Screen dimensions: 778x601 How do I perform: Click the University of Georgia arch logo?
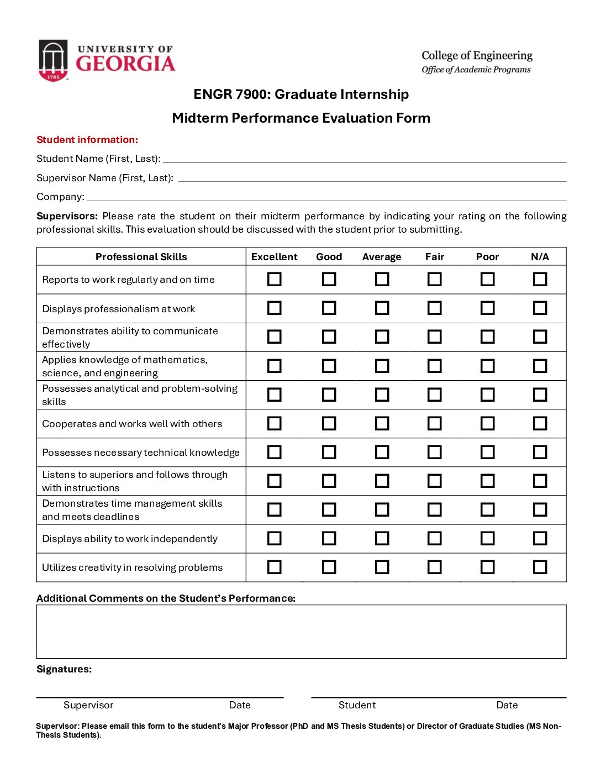[x=53, y=60]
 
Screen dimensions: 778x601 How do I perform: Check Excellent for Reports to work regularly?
[x=275, y=279]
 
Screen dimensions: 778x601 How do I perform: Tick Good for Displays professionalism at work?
[x=329, y=308]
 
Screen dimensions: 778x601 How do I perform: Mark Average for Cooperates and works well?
[x=382, y=423]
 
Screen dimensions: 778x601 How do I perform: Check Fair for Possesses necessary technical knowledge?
[x=435, y=452]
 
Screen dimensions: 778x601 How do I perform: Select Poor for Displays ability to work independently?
[x=487, y=538]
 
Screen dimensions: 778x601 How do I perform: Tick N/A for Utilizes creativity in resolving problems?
[x=540, y=567]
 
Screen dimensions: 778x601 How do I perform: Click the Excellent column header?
[x=274, y=257]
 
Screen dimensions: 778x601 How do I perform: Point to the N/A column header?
[x=540, y=257]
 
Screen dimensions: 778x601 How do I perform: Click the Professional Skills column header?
[x=141, y=257]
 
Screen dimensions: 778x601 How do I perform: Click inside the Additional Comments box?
[x=301, y=632]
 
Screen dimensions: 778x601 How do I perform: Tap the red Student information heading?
[x=87, y=140]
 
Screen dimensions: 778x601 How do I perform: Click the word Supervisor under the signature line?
[x=88, y=705]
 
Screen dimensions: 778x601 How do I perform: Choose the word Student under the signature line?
[x=357, y=705]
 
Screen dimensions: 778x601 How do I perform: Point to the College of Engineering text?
[x=477, y=56]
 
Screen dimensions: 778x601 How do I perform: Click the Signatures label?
[x=64, y=669]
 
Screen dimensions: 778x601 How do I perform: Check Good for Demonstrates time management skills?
[x=329, y=509]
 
